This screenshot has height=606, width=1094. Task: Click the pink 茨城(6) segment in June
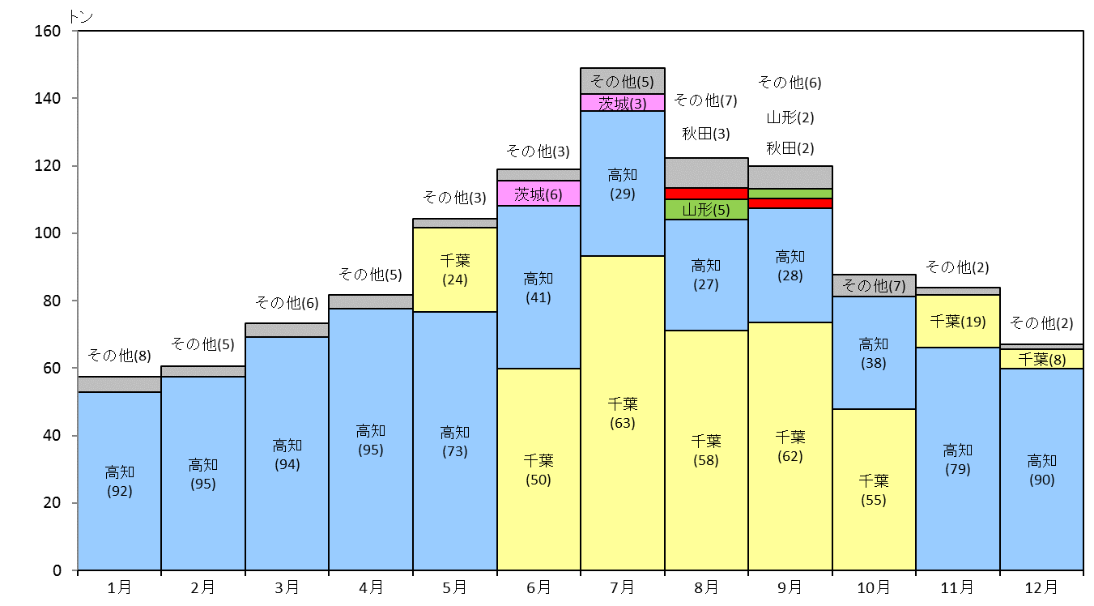pyautogui.click(x=538, y=193)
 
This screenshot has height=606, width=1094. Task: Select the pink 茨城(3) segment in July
pyautogui.click(x=623, y=103)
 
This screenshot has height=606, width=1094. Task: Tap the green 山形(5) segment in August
pyautogui.click(x=706, y=210)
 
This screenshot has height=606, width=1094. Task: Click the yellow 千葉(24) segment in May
pyautogui.click(x=455, y=270)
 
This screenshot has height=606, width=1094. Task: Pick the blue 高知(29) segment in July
pyautogui.click(x=623, y=184)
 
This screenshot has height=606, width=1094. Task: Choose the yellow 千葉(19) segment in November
pyautogui.click(x=958, y=321)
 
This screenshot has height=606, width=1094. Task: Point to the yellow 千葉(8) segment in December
pyautogui.click(x=1041, y=359)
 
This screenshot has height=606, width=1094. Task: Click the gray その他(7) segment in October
pyautogui.click(x=875, y=285)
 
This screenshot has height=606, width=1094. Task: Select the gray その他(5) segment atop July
pyautogui.click(x=623, y=81)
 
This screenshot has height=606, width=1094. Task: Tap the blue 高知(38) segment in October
pyautogui.click(x=875, y=353)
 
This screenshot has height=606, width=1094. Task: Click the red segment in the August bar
pyautogui.click(x=706, y=194)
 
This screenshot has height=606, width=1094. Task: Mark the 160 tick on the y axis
pyautogui.click(x=74, y=31)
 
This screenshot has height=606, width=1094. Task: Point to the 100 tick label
pyautogui.click(x=48, y=233)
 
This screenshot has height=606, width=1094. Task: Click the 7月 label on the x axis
pyautogui.click(x=623, y=587)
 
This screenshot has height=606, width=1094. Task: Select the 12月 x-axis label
pyautogui.click(x=1041, y=587)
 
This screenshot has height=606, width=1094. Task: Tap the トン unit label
pyautogui.click(x=81, y=17)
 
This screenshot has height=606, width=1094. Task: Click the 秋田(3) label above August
pyautogui.click(x=706, y=134)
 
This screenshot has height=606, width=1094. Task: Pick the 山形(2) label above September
pyautogui.click(x=790, y=117)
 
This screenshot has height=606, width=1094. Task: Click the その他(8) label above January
pyautogui.click(x=120, y=356)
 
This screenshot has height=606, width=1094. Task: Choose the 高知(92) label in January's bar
pyautogui.click(x=120, y=481)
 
